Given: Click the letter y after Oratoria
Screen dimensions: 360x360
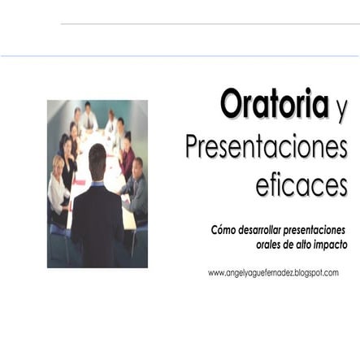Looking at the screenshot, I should pos(340,109).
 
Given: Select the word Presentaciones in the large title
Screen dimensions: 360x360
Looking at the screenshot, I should pos(266,148).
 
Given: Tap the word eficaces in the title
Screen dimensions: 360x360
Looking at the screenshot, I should pos(301,184).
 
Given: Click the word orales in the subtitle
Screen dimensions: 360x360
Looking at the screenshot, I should pos(259,245).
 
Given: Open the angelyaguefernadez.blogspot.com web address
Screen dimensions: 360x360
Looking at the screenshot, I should pos(273,273).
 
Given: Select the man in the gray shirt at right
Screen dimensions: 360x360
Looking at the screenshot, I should pos(137,183).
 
